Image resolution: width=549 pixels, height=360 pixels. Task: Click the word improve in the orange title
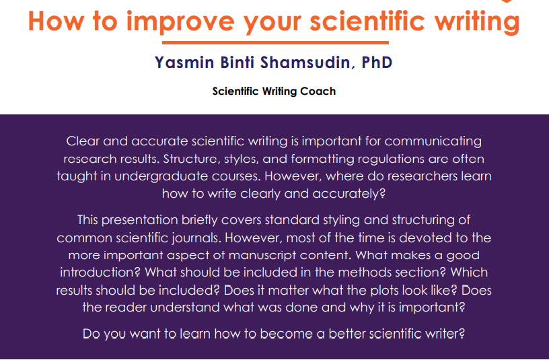(x=180, y=22)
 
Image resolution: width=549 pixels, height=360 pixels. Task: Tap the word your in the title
(x=272, y=24)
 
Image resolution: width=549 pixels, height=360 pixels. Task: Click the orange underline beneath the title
(x=275, y=42)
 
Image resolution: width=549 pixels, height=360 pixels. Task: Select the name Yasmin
(x=184, y=63)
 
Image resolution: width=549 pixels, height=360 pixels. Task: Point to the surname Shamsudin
(x=305, y=63)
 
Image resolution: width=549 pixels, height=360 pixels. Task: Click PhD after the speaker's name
(x=377, y=63)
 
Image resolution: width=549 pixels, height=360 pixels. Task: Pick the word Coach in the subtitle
(x=318, y=91)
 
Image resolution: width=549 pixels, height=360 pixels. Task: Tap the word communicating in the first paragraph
(x=433, y=142)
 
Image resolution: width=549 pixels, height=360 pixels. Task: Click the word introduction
(x=100, y=273)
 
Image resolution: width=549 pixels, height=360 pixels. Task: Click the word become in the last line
(x=286, y=334)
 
